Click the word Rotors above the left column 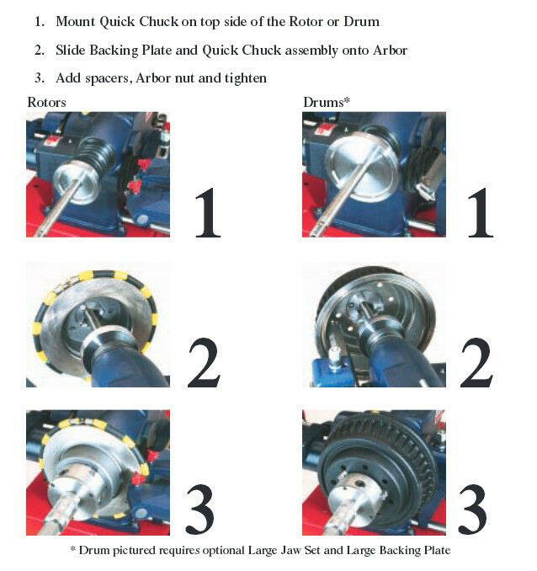46,102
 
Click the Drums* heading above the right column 327,102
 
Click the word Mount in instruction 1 77,21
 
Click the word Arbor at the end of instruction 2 388,50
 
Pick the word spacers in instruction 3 108,78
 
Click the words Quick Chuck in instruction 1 139,21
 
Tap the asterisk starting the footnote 72,551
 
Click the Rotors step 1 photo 98,175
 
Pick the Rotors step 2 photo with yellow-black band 98,324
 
